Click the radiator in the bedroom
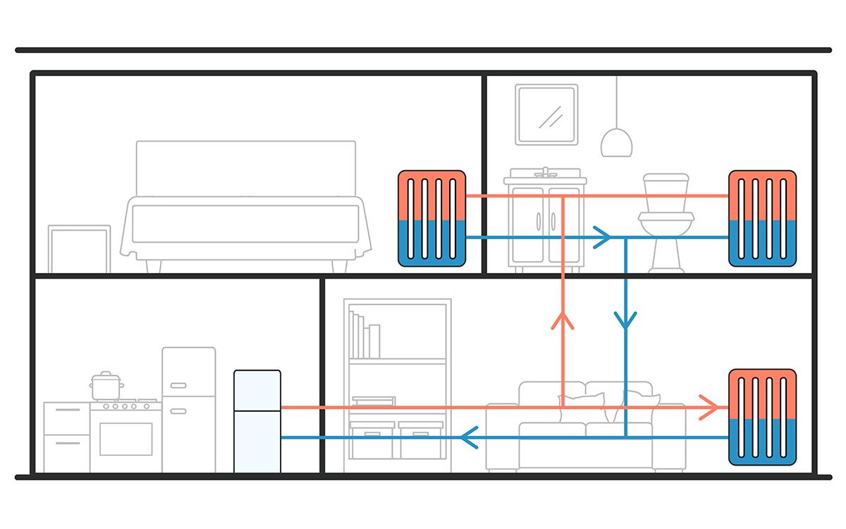point(431,218)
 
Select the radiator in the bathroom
point(762,218)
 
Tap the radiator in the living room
point(762,417)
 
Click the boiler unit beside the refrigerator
point(257,421)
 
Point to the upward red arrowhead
point(563,321)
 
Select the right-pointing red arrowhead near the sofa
point(709,407)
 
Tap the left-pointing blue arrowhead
point(470,437)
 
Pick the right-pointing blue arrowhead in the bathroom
point(601,238)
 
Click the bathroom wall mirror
point(546,114)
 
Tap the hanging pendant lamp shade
point(616,142)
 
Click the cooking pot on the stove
point(106,387)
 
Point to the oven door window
point(125,439)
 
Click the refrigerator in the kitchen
point(188,409)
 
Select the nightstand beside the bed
point(79,248)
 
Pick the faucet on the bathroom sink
point(545,173)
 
